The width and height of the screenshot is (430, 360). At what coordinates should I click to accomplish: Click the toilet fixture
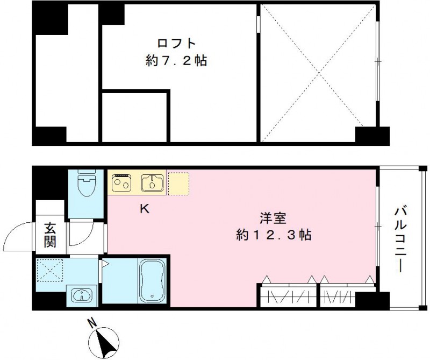click(86, 184)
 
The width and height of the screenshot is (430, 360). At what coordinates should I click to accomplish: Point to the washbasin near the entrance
click(82, 295)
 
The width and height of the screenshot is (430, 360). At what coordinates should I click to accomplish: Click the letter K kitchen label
click(145, 209)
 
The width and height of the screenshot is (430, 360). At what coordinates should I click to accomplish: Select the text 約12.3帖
click(274, 235)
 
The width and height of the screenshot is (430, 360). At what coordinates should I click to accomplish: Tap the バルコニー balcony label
click(400, 239)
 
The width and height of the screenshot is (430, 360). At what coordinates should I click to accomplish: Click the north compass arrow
click(102, 341)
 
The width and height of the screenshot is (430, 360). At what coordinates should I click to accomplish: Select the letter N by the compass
click(92, 323)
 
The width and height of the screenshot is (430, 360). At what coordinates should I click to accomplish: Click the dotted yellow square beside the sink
click(179, 182)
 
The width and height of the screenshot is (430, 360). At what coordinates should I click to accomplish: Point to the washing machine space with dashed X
click(50, 270)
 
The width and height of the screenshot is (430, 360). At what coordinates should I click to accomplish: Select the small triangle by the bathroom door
click(105, 264)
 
